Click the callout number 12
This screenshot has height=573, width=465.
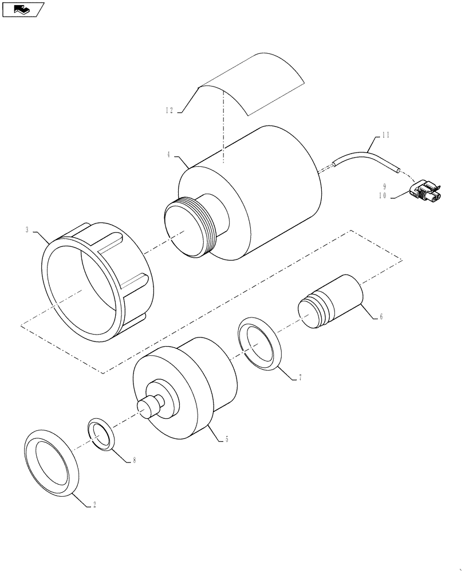pos(169,110)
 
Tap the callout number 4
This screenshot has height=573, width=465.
pos(169,154)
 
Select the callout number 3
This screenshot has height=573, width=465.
pos(27,229)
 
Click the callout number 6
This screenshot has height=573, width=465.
pos(380,316)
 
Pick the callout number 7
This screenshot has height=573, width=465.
pos(300,378)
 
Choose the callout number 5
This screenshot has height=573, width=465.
pos(227,439)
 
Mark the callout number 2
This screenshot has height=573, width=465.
pos(94,505)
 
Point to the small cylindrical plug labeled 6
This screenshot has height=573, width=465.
pos(331,302)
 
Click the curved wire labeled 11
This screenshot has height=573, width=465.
pos(361,156)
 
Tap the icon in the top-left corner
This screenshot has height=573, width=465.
pos(22,9)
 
